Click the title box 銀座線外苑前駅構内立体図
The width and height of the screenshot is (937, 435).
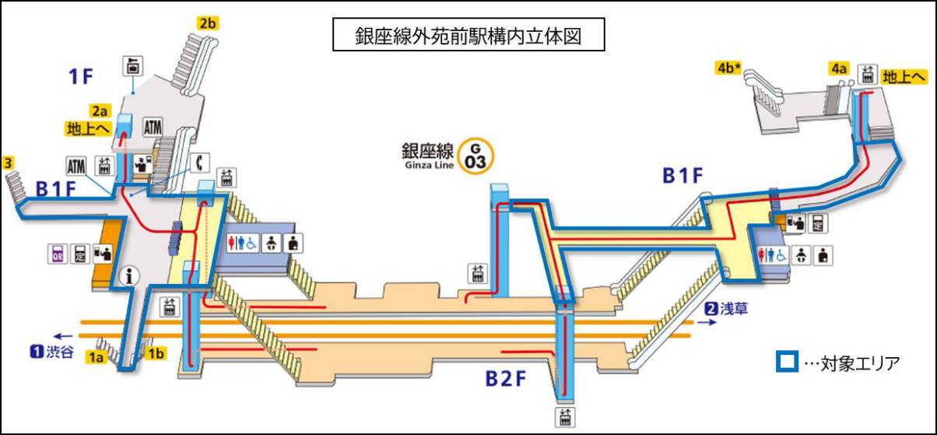point(468,36)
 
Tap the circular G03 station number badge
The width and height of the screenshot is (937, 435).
point(470,155)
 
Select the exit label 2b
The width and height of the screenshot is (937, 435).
point(207,23)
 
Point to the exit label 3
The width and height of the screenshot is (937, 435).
point(8,163)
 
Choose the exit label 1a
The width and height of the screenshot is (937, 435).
point(96,358)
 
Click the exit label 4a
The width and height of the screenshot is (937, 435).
point(838,68)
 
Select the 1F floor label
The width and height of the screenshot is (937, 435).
point(81,76)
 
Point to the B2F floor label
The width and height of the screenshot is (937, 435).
point(507,379)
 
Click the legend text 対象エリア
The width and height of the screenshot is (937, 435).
point(855,363)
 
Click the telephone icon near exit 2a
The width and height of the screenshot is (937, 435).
point(200,163)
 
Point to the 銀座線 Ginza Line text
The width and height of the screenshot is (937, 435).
point(427,153)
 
